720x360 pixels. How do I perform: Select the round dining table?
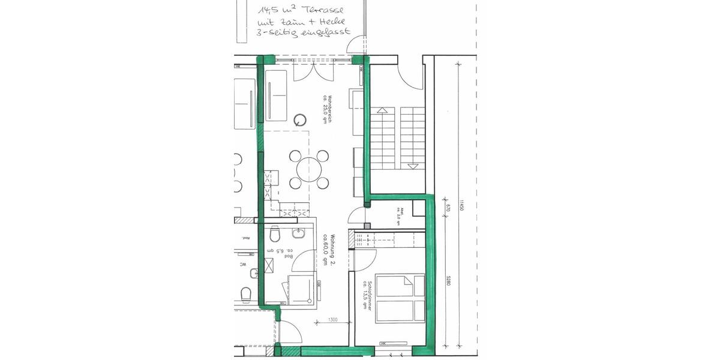point(309,169)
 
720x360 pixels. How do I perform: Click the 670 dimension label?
point(448,209)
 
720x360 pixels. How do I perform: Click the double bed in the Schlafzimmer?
point(400,298)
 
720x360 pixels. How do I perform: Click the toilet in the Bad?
point(274,233)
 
